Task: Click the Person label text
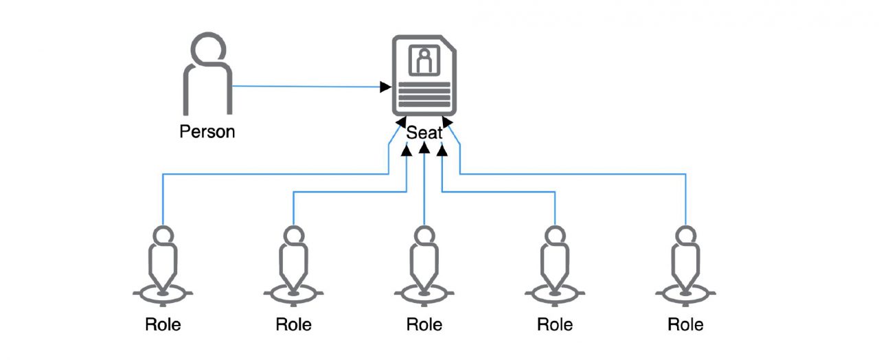click(x=207, y=131)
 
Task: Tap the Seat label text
click(x=424, y=132)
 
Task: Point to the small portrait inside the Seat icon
click(x=424, y=60)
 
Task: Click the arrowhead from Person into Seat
click(x=386, y=87)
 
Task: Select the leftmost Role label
click(x=163, y=324)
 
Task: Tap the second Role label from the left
click(x=293, y=324)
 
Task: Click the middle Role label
click(x=424, y=324)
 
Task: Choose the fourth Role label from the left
click(x=555, y=324)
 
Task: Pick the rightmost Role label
click(x=685, y=324)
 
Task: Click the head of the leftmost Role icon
click(x=163, y=236)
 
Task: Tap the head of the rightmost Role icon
click(x=685, y=236)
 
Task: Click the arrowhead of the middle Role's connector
click(x=424, y=149)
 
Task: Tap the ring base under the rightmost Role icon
click(x=685, y=293)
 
